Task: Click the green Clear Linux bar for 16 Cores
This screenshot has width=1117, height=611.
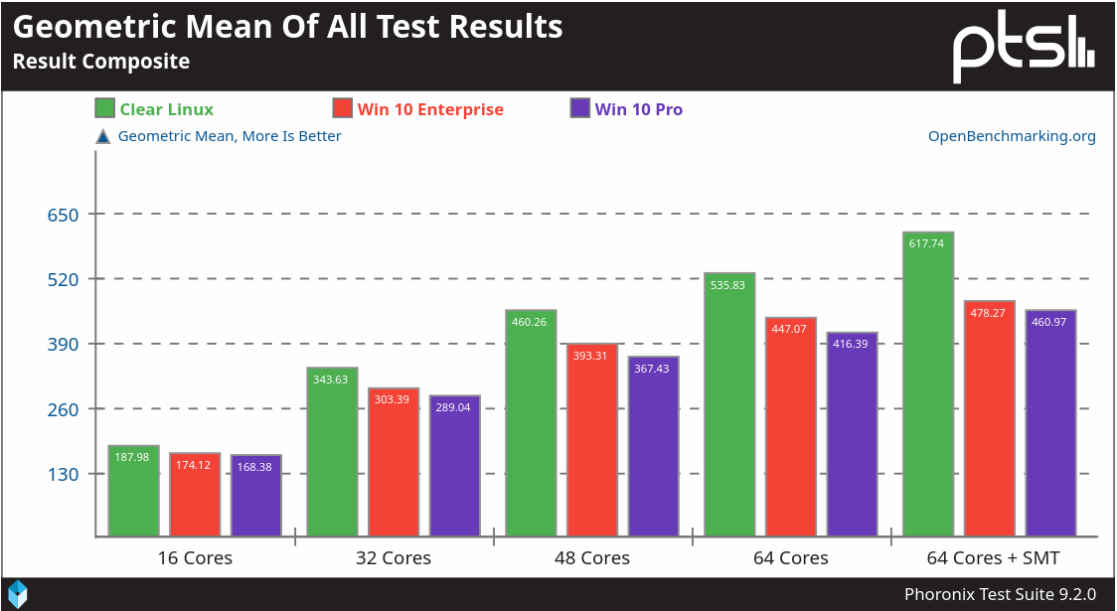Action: [x=133, y=492]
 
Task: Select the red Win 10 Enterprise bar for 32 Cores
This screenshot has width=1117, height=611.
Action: [x=394, y=463]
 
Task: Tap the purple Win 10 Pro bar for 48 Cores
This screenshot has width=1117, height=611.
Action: [x=653, y=447]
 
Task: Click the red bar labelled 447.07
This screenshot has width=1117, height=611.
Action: [x=791, y=427]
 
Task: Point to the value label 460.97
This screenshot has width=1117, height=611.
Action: [x=1051, y=321]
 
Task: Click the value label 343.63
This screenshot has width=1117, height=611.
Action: [x=332, y=379]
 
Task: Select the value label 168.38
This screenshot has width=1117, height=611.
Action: [x=256, y=466]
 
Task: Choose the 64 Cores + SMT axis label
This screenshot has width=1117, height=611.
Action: [x=993, y=557]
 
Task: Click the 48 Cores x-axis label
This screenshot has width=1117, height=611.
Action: [x=592, y=557]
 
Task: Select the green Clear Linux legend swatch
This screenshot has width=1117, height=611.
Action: [x=104, y=109]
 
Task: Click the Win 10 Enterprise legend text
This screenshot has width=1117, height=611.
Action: [x=430, y=109]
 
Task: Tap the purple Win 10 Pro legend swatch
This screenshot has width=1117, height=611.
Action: [x=580, y=109]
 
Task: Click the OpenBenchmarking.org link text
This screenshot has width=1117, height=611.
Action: [x=1012, y=136]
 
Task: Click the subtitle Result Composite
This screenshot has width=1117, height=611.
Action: [x=100, y=62]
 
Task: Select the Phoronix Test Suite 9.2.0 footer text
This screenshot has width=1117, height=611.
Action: [x=1000, y=594]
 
